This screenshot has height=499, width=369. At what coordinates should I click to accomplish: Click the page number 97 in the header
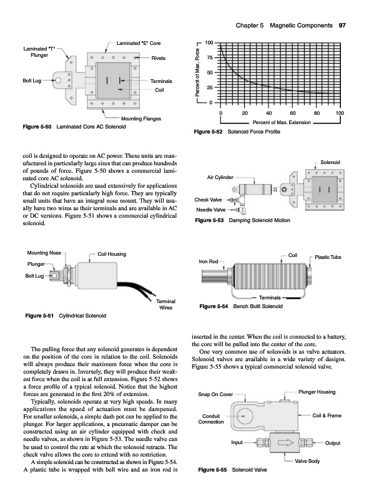pyautogui.click(x=342, y=26)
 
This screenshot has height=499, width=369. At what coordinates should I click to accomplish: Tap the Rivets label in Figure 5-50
pyautogui.click(x=159, y=58)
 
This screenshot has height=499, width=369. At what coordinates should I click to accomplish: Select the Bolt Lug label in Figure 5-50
pyautogui.click(x=32, y=80)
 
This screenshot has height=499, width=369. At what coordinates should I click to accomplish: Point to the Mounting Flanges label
pyautogui.click(x=141, y=119)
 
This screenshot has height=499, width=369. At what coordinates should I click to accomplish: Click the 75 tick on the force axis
pyautogui.click(x=209, y=57)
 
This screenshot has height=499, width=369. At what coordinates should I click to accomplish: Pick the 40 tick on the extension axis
pyautogui.click(x=269, y=113)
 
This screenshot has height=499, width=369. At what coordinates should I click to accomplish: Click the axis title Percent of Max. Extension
pyautogui.click(x=282, y=122)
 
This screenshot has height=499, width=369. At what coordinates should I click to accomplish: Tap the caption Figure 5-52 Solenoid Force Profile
pyautogui.click(x=237, y=132)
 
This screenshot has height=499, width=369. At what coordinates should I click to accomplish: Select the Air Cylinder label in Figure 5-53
pyautogui.click(x=220, y=177)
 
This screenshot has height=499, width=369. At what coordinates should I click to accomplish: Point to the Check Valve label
pyautogui.click(x=208, y=200)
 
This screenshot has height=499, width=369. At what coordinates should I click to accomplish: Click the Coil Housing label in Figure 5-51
pyautogui.click(x=112, y=254)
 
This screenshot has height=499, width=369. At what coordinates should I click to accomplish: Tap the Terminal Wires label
pyautogui.click(x=165, y=304)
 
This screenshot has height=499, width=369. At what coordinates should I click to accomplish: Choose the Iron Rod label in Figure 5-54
pyautogui.click(x=209, y=261)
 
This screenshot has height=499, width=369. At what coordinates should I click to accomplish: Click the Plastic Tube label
pyautogui.click(x=328, y=257)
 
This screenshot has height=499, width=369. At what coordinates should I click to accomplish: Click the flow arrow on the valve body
pyautogui.click(x=285, y=443)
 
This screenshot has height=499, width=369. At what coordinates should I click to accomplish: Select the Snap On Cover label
pyautogui.click(x=215, y=394)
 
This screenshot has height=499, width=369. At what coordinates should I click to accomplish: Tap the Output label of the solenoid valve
pyautogui.click(x=333, y=443)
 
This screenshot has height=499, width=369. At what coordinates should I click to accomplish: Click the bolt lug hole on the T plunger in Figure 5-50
pyautogui.click(x=58, y=80)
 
